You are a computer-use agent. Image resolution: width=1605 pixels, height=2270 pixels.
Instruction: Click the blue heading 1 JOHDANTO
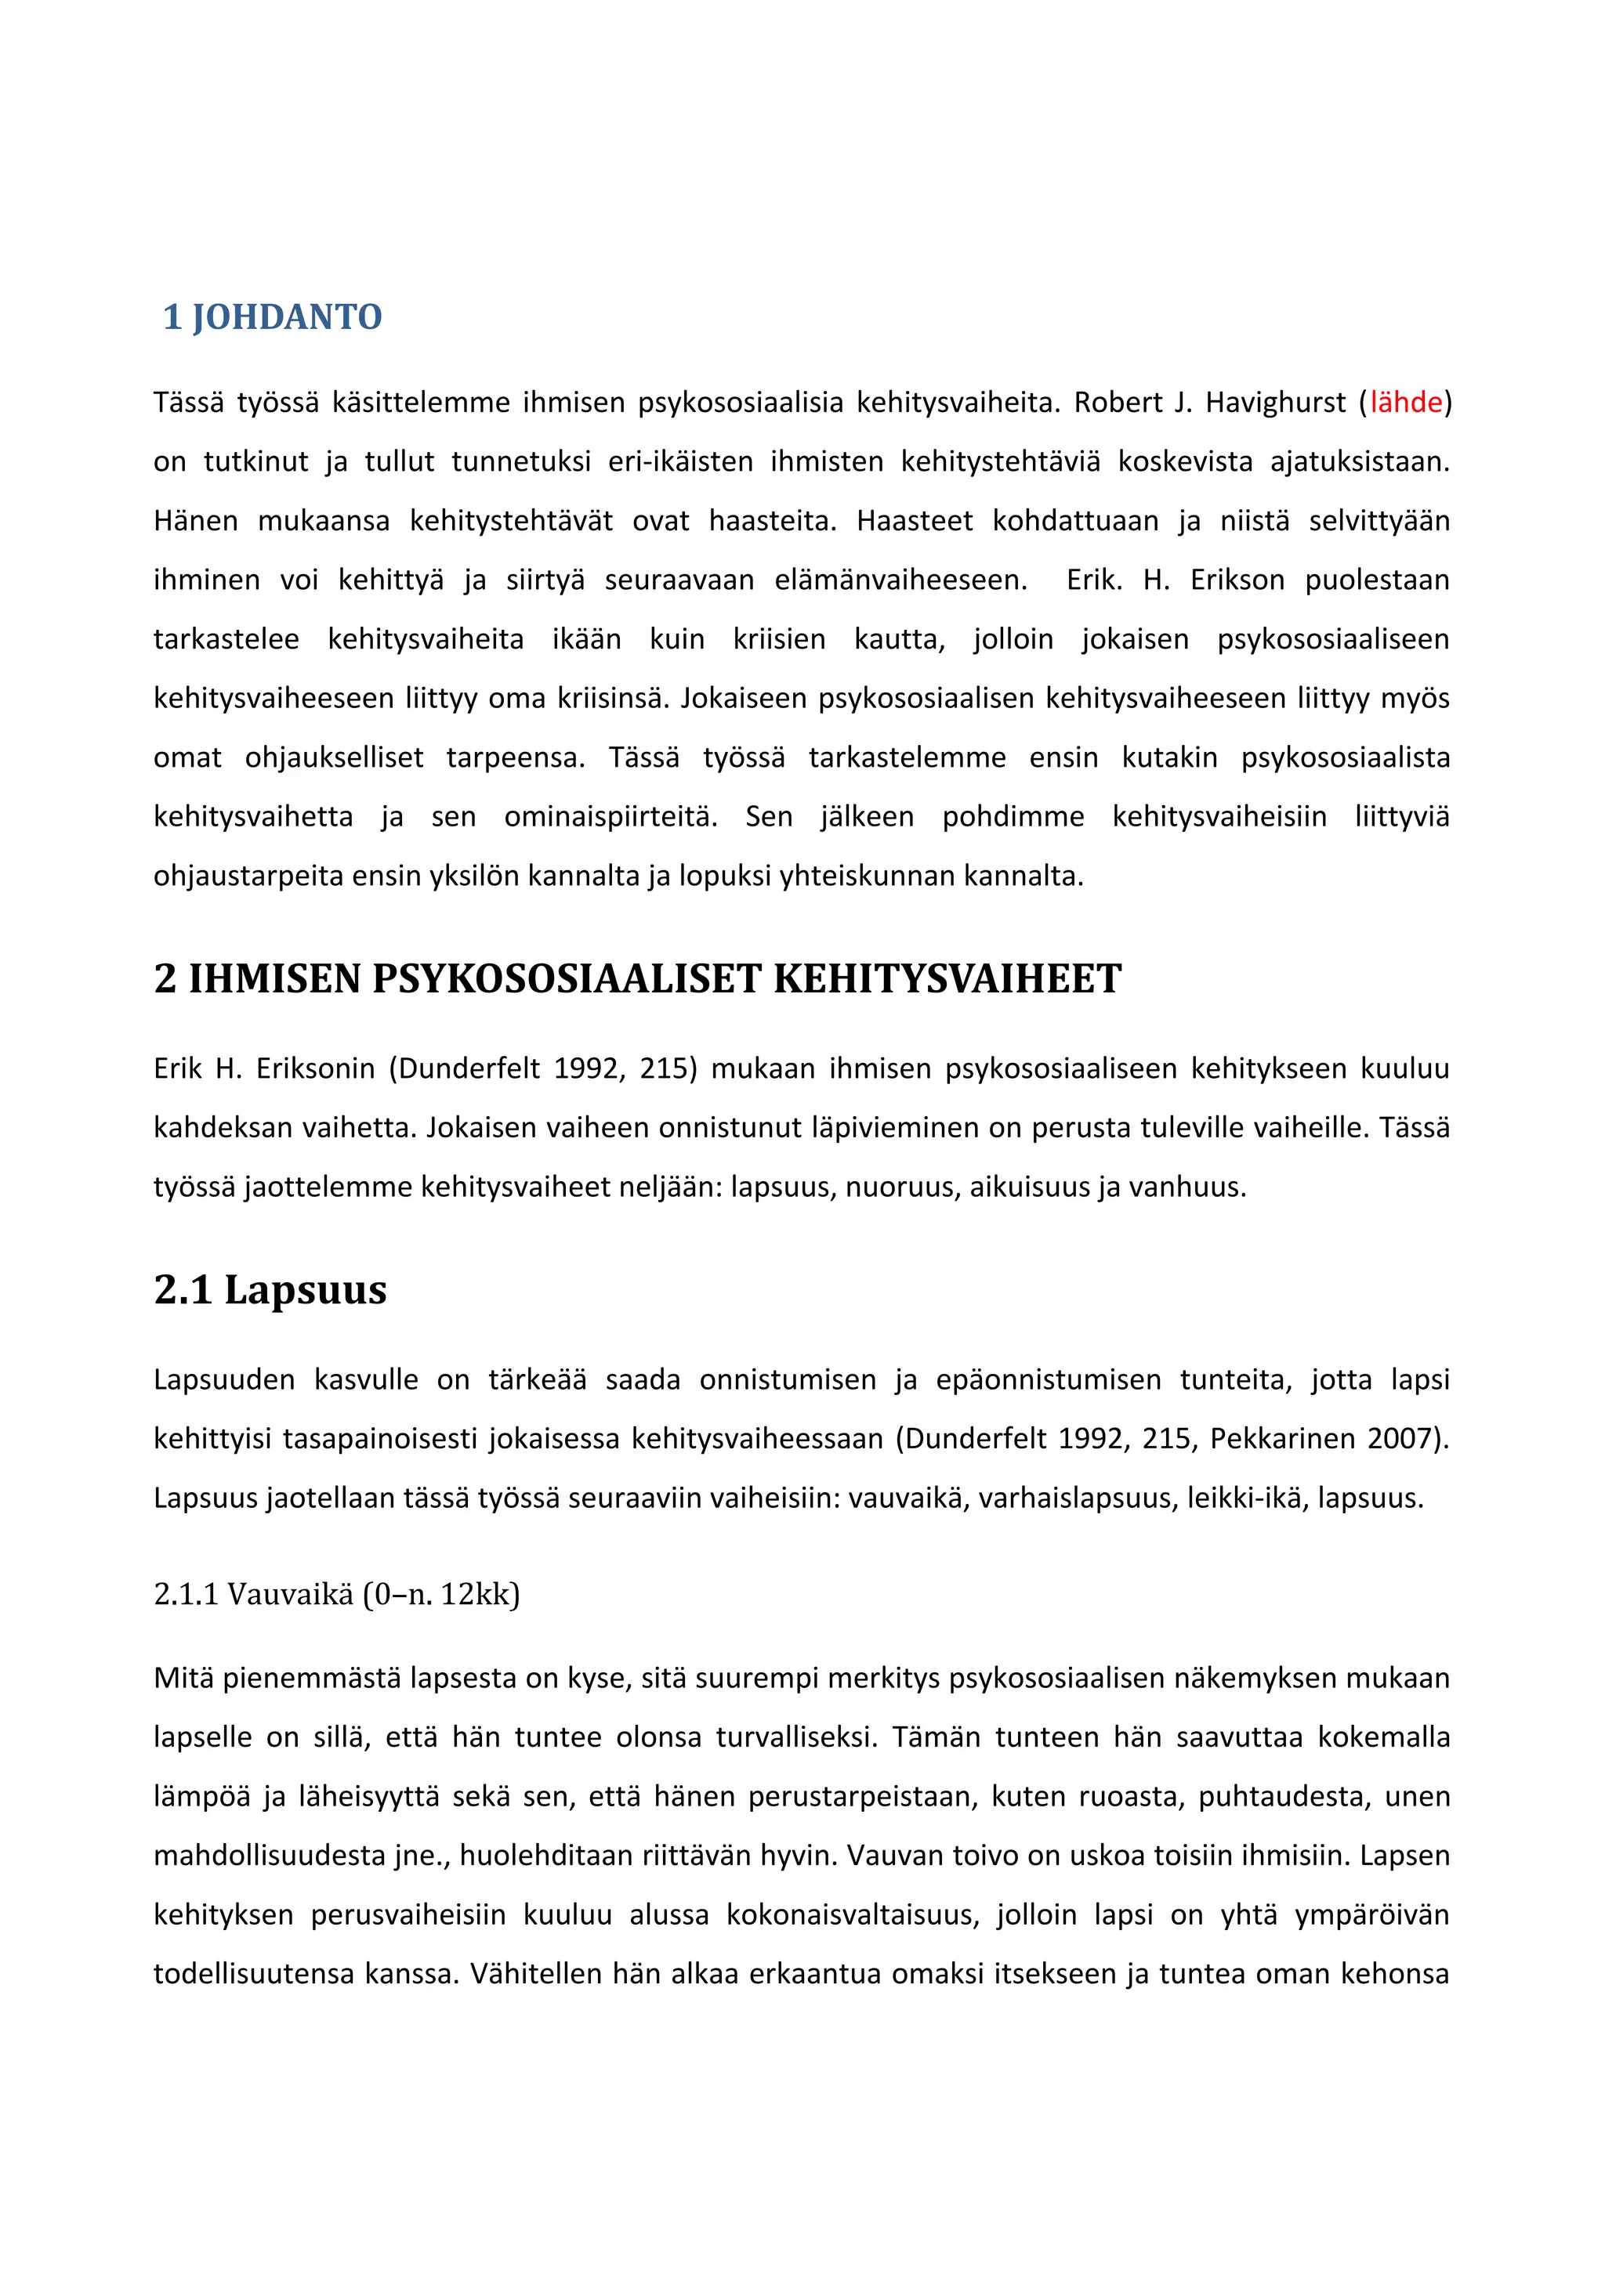click(x=272, y=317)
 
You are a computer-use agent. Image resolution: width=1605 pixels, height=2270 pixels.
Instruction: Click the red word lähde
click(x=1405, y=403)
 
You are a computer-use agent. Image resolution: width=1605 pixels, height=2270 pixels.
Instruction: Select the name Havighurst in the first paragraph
click(x=1275, y=403)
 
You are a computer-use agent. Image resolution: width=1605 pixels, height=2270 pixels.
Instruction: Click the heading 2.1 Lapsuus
click(x=270, y=1289)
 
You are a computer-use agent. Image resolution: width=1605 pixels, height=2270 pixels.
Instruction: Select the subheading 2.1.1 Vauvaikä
click(x=336, y=1594)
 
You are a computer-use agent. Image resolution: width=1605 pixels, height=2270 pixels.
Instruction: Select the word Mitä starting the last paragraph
click(x=183, y=1678)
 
